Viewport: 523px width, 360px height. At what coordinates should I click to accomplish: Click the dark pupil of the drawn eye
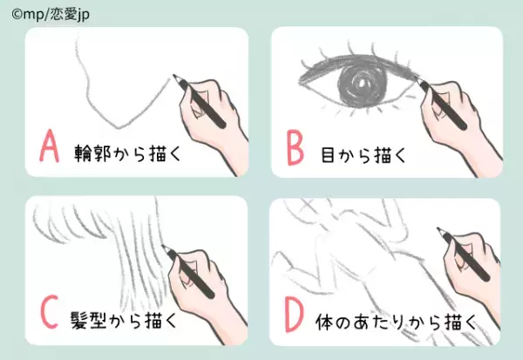tap(358, 87)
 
